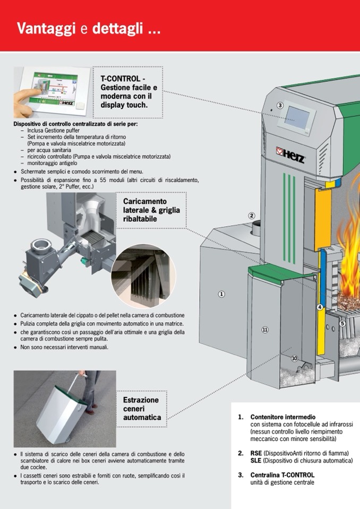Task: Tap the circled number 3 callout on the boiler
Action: (280, 105)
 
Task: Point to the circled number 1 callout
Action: (221, 294)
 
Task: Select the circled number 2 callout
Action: (252, 215)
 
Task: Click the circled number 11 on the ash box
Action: (265, 330)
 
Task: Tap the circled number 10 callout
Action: (294, 358)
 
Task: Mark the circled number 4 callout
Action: (320, 307)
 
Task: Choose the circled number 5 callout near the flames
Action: (342, 323)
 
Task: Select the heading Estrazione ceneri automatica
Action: (142, 409)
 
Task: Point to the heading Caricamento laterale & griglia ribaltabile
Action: (151, 210)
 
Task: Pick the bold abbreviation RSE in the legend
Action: (256, 453)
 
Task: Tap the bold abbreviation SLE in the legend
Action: (256, 461)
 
